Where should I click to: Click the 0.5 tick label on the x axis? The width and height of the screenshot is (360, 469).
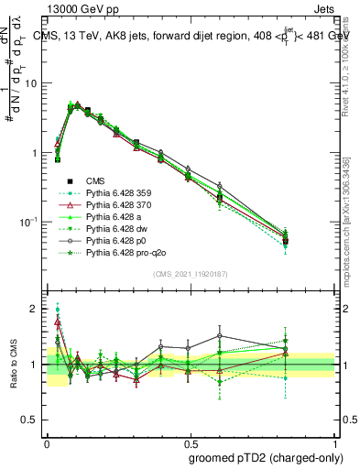coord(191,441)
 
